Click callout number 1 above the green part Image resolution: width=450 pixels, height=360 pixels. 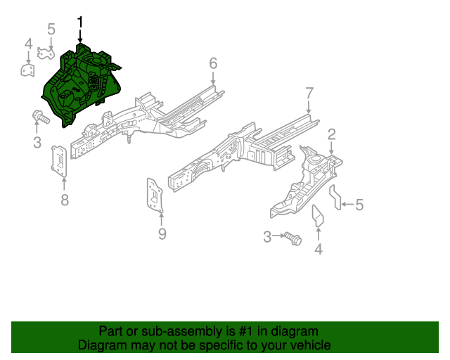click(x=80, y=22)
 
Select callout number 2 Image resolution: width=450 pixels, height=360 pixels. click(x=331, y=134)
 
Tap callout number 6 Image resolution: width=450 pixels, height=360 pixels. click(x=213, y=64)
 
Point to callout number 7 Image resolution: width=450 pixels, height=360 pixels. click(x=309, y=93)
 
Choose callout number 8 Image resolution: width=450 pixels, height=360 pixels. click(x=65, y=200)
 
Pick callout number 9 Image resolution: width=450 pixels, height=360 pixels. click(x=162, y=233)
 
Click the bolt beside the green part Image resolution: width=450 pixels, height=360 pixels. click(x=40, y=117)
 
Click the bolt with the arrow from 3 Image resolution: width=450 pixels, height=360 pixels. click(x=294, y=239)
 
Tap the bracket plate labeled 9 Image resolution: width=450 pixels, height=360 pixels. click(x=154, y=194)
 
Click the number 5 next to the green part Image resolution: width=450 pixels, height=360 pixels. click(x=51, y=29)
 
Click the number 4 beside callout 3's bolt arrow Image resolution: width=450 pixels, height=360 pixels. click(x=319, y=250)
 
